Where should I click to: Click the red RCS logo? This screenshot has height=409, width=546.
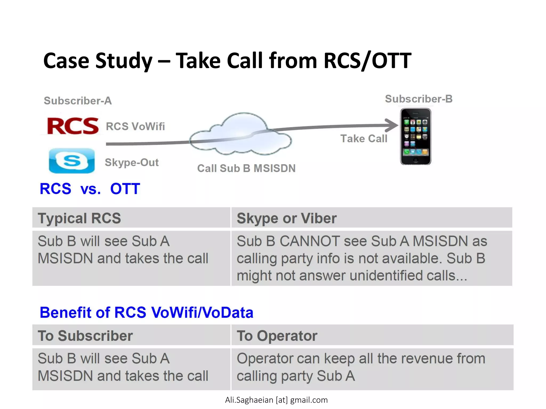(73, 126)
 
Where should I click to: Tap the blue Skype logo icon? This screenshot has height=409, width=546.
(72, 161)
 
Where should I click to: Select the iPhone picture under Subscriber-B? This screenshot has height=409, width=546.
(415, 136)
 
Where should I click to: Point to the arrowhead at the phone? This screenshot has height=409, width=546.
(392, 125)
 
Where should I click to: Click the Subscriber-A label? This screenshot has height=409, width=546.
(78, 101)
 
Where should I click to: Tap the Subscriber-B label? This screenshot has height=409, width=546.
(419, 99)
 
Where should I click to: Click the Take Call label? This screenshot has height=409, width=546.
(364, 139)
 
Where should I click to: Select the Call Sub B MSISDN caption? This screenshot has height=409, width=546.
(246, 168)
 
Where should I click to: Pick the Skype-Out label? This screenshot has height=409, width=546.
(132, 162)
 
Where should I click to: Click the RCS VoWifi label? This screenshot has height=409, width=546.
(135, 126)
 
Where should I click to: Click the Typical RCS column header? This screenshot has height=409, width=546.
(79, 218)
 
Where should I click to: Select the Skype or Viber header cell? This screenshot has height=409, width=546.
(287, 218)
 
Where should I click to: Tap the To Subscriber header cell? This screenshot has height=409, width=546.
(85, 336)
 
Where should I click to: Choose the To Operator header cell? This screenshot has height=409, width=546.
(277, 336)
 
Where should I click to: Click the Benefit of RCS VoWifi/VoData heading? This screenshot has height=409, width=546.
(146, 312)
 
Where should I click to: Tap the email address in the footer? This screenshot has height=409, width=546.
(276, 400)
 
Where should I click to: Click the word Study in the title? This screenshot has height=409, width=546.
(124, 60)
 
